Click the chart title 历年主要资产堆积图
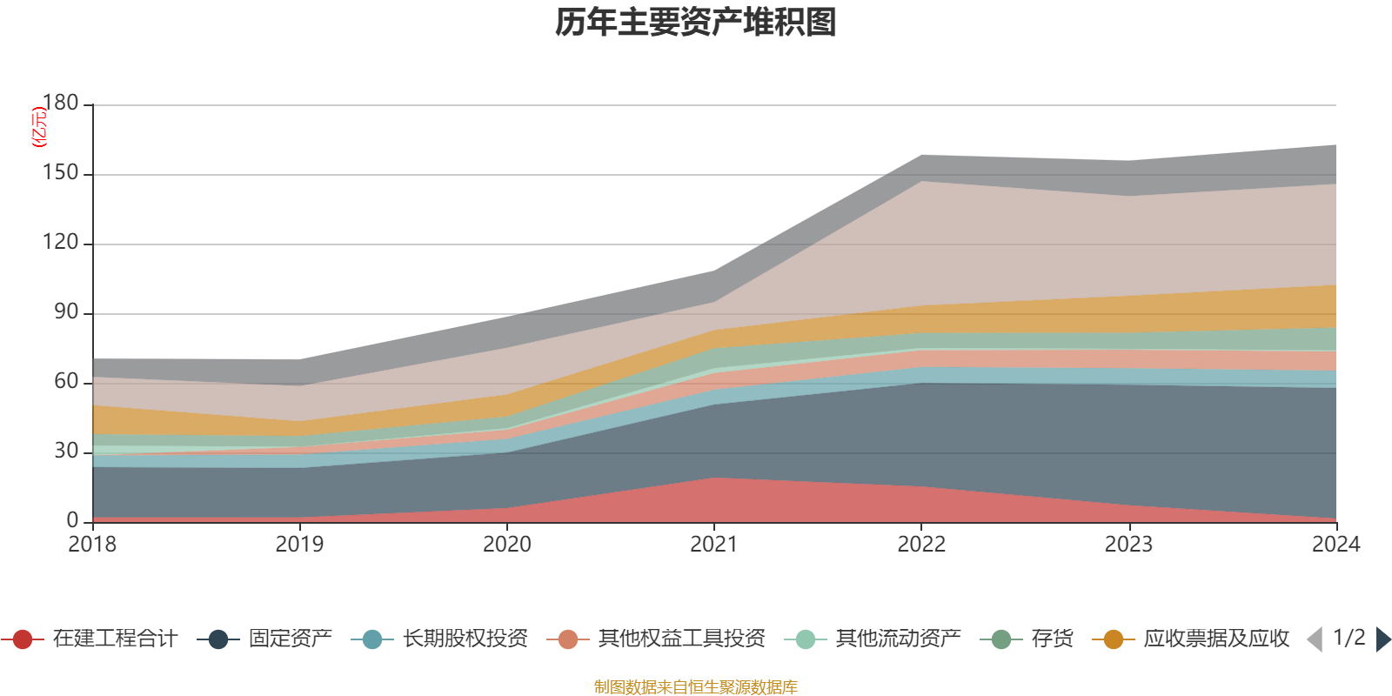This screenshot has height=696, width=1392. coord(696,23)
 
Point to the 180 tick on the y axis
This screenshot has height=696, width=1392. coord(61,104)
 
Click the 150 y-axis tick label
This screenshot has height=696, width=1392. coord(61,173)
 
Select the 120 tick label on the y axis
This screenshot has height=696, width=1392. coord(61,243)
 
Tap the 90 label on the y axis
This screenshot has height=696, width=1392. coord(66,312)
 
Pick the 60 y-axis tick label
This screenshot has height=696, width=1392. coord(66,382)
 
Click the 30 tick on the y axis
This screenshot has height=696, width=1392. coord(66,452)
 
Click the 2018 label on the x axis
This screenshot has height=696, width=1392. coord(92,545)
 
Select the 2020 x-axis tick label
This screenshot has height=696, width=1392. coord(507,545)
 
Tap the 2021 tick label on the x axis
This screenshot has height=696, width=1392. coord(714,545)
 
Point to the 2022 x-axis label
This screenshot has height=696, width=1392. coord(921,545)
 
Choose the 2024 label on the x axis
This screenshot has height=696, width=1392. coord(1335,545)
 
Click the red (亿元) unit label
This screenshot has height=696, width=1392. coord(38,127)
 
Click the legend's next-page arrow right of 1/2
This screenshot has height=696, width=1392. coord(1382,639)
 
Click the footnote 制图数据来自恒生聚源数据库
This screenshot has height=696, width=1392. coord(696,687)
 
